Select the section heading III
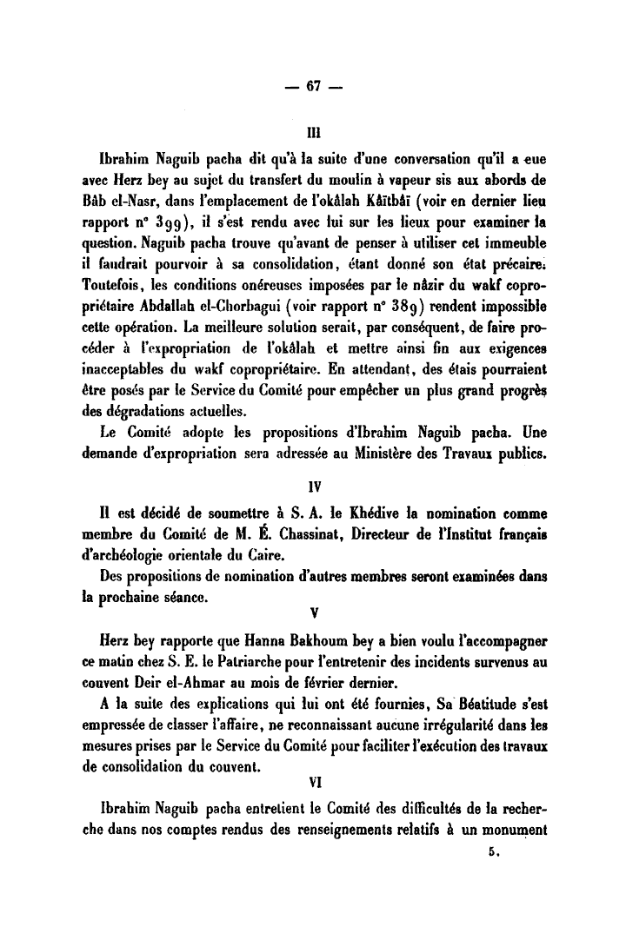(313, 134)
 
